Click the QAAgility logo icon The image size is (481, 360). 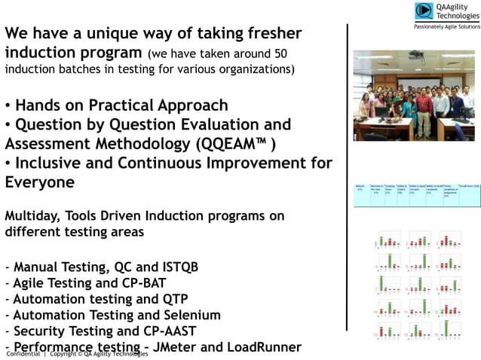[424, 11]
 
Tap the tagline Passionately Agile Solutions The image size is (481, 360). [446, 26]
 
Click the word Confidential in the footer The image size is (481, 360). [23, 353]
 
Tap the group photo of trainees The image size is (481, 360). [413, 96]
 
